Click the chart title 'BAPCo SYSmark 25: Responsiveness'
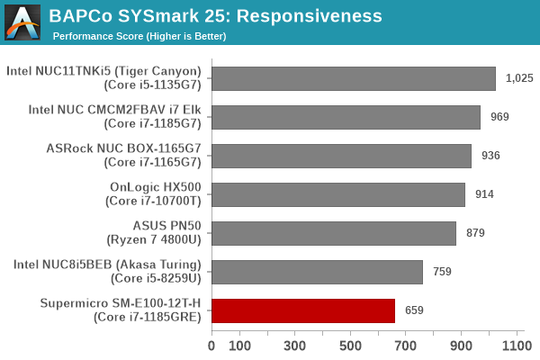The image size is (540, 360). [x=215, y=16]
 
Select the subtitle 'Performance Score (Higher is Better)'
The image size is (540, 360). [x=139, y=36]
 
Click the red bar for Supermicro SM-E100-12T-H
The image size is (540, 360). [x=303, y=310]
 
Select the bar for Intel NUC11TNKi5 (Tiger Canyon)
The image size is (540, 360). [x=354, y=78]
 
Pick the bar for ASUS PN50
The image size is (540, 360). [x=334, y=233]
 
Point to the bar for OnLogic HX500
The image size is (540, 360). [x=338, y=194]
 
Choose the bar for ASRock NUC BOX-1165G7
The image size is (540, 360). [x=341, y=156]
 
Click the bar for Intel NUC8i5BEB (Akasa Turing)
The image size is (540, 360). [x=317, y=272]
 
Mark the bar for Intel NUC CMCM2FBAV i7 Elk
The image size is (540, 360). [x=346, y=117]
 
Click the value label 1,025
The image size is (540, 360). [x=519, y=78]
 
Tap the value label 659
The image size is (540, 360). [x=414, y=310]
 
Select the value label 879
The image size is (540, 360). [x=475, y=233]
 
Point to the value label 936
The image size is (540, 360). [x=490, y=156]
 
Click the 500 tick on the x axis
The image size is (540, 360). [x=351, y=345]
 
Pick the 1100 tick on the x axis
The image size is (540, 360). [x=517, y=345]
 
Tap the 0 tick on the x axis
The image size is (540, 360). [x=211, y=345]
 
